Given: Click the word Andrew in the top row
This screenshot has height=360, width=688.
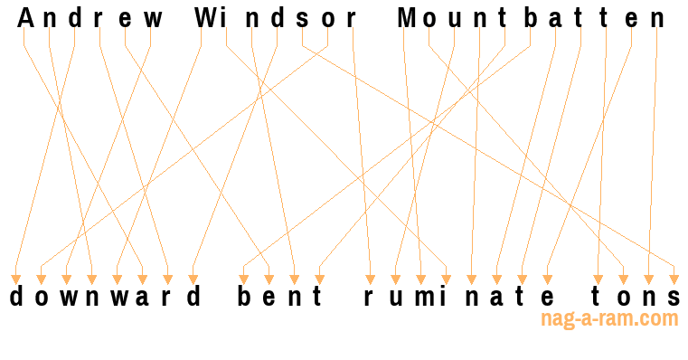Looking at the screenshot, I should point(90,17).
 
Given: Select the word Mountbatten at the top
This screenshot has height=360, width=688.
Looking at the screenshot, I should point(532,17).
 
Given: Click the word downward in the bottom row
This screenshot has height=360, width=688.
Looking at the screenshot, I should point(105,298).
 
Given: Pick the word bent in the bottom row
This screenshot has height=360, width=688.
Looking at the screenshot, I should point(280,298).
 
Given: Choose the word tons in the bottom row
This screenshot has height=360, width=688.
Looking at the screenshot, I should point(636,298).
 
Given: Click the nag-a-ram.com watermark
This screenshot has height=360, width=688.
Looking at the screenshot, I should point(608,318).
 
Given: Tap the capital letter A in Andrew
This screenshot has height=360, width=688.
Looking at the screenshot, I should point(24,17).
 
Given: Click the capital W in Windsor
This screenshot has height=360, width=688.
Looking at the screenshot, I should point(205,17).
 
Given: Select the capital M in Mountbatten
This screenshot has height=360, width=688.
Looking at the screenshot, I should point(407,17).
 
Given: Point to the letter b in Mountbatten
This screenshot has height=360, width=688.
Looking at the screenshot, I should point(530,17).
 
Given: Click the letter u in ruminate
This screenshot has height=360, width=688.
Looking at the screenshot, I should point(396,298).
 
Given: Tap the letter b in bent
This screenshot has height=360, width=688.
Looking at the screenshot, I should point(244,298).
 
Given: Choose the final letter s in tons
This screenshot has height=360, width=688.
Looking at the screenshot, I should point(674,298).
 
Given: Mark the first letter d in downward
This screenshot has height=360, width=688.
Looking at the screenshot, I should point(15,298).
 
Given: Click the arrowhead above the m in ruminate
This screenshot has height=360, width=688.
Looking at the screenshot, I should point(421,279).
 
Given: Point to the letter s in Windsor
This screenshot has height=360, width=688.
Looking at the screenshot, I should point(303,17).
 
